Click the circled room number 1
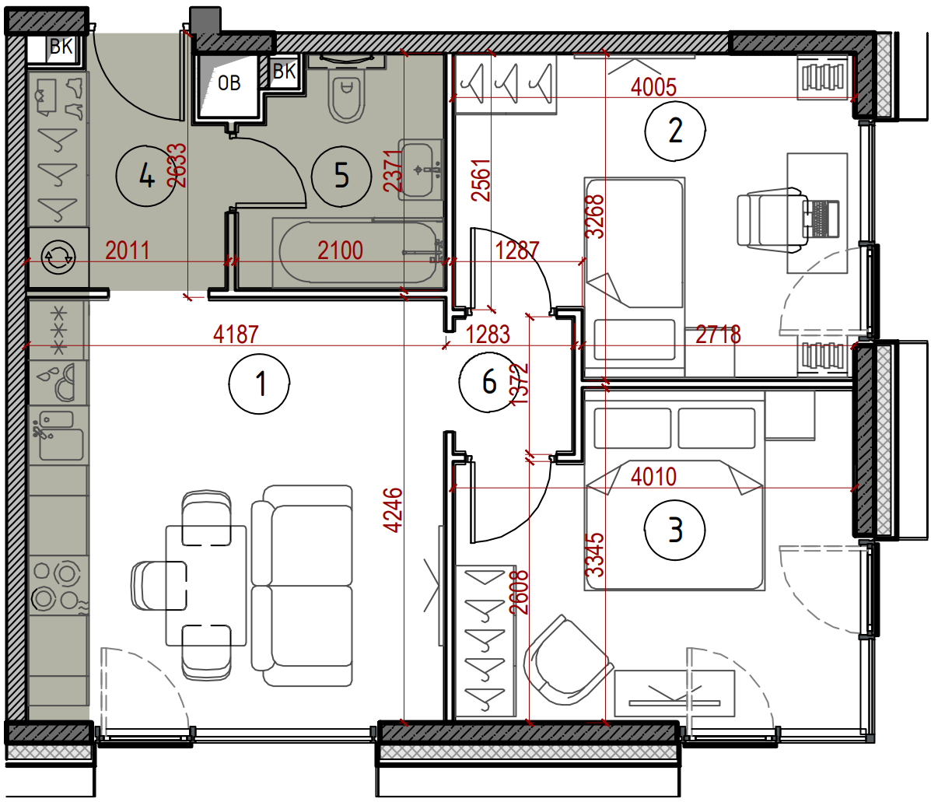(260, 383)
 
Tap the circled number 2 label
(675, 131)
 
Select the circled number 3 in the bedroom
(675, 530)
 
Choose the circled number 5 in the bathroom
(341, 176)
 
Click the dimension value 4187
(236, 334)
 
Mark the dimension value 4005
(653, 87)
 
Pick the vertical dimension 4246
(393, 510)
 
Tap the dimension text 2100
(340, 250)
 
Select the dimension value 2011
(128, 250)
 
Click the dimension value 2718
(718, 334)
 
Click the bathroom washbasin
(420, 169)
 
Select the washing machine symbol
(58, 257)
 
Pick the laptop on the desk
(820, 219)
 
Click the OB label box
(229, 83)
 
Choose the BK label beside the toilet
(285, 72)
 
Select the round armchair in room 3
(567, 660)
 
